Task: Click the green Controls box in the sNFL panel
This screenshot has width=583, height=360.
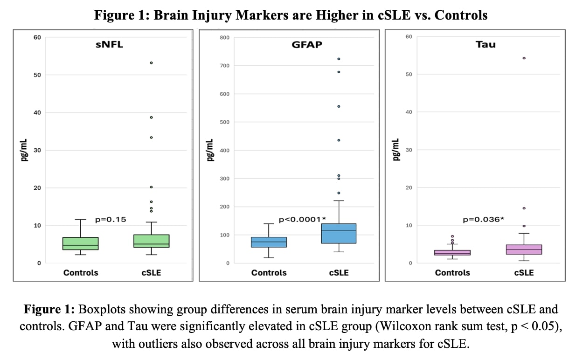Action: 80,243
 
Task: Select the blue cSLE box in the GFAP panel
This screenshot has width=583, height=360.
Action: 339,233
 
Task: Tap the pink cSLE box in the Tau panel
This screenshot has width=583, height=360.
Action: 524,249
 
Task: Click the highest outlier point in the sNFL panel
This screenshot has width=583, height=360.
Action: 151,62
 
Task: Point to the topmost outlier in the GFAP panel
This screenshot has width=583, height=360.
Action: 339,59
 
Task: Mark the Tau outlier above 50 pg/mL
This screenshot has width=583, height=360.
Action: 524,58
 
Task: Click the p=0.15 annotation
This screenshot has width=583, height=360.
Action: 111,219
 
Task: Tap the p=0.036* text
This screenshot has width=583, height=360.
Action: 483,219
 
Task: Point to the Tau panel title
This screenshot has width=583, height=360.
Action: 486,45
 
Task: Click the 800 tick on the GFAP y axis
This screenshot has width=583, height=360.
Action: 224,37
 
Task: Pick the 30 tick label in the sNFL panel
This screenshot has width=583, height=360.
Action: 36,150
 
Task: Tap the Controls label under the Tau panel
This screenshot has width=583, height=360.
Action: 452,273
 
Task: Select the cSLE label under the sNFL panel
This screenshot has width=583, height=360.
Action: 151,273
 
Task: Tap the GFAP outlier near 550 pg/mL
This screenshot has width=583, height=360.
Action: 339,106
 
